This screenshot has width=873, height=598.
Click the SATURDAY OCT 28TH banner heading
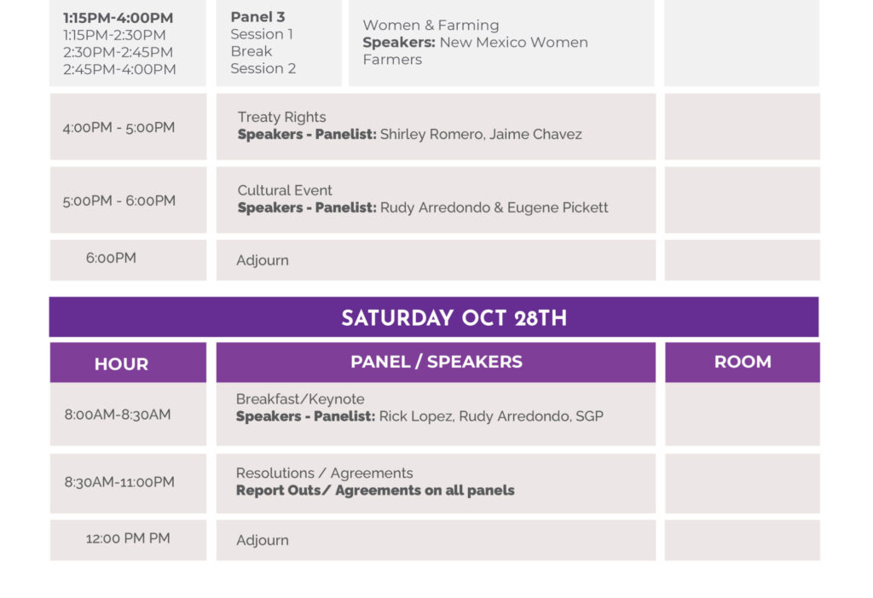point(454,317)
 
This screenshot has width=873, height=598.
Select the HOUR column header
point(121,364)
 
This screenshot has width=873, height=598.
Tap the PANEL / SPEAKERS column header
point(436,362)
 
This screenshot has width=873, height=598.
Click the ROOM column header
point(743,362)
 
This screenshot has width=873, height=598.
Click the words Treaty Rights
point(281,117)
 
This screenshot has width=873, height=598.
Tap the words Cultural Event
point(285,190)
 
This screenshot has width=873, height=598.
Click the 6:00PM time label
point(111,258)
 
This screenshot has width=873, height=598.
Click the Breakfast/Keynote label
point(300,399)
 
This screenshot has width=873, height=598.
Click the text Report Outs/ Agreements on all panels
point(375,491)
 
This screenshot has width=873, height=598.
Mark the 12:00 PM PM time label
point(128,538)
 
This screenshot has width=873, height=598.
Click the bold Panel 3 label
point(257,17)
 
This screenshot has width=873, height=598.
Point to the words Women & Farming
point(431,25)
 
